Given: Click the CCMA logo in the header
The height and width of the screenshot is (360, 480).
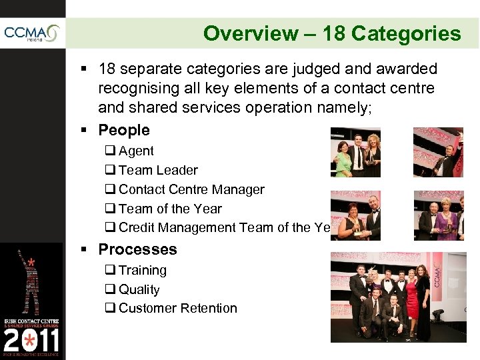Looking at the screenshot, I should (31, 33).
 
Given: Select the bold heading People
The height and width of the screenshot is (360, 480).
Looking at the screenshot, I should (124, 130).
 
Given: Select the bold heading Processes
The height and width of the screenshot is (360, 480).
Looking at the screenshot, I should (137, 249).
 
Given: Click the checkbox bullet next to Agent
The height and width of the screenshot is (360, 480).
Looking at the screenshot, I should (110, 151).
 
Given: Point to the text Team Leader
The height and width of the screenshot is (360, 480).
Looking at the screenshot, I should (158, 171).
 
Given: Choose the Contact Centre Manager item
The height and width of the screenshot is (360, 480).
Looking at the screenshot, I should (191, 190).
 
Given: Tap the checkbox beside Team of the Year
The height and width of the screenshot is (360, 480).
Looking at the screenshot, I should (110, 209).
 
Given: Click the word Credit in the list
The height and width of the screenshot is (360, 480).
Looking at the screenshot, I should (137, 228).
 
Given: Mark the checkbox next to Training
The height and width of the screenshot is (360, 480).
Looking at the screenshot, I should (110, 271).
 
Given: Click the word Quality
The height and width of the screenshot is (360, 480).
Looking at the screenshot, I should (139, 290).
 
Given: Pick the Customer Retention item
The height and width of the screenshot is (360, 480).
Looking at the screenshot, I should (177, 309).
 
